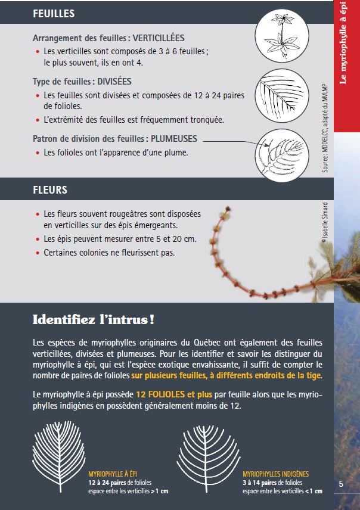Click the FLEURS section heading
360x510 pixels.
[x=50, y=191]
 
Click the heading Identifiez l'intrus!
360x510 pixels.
[x=94, y=320]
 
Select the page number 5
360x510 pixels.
[x=341, y=484]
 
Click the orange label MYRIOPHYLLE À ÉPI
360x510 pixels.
[x=113, y=474]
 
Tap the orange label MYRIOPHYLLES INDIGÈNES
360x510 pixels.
[x=275, y=474]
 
